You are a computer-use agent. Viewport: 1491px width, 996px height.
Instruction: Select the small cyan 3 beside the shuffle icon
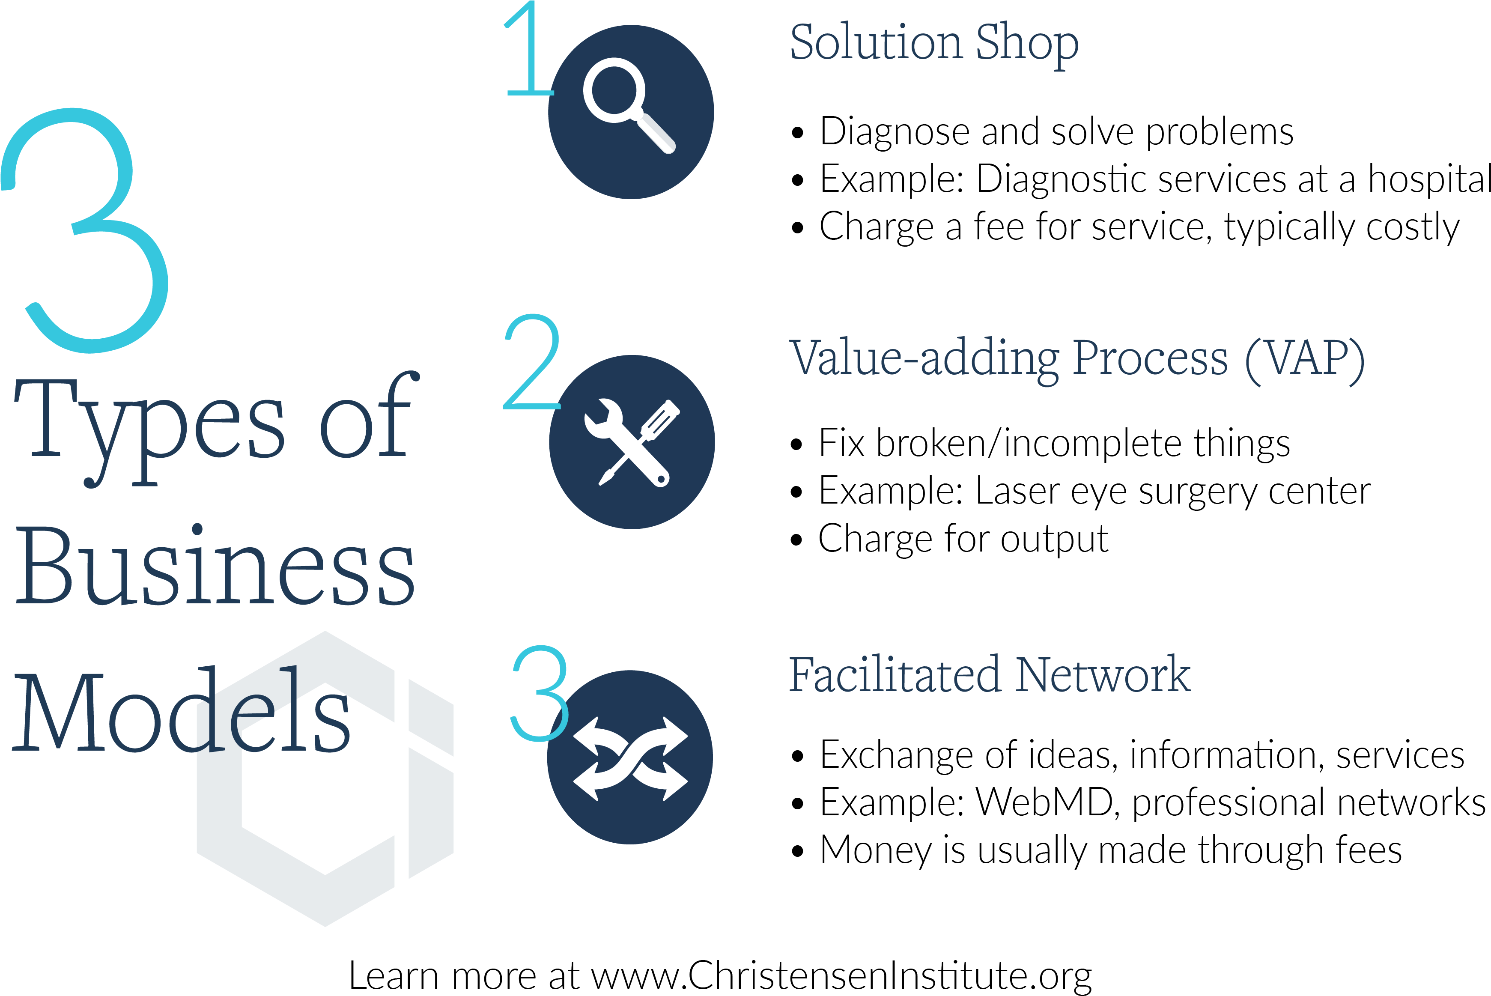(x=540, y=694)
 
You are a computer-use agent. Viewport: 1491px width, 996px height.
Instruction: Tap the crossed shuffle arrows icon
(x=630, y=758)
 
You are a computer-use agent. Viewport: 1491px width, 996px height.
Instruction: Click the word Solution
(x=876, y=43)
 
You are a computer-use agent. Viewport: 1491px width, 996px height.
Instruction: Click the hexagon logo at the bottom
(x=325, y=778)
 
